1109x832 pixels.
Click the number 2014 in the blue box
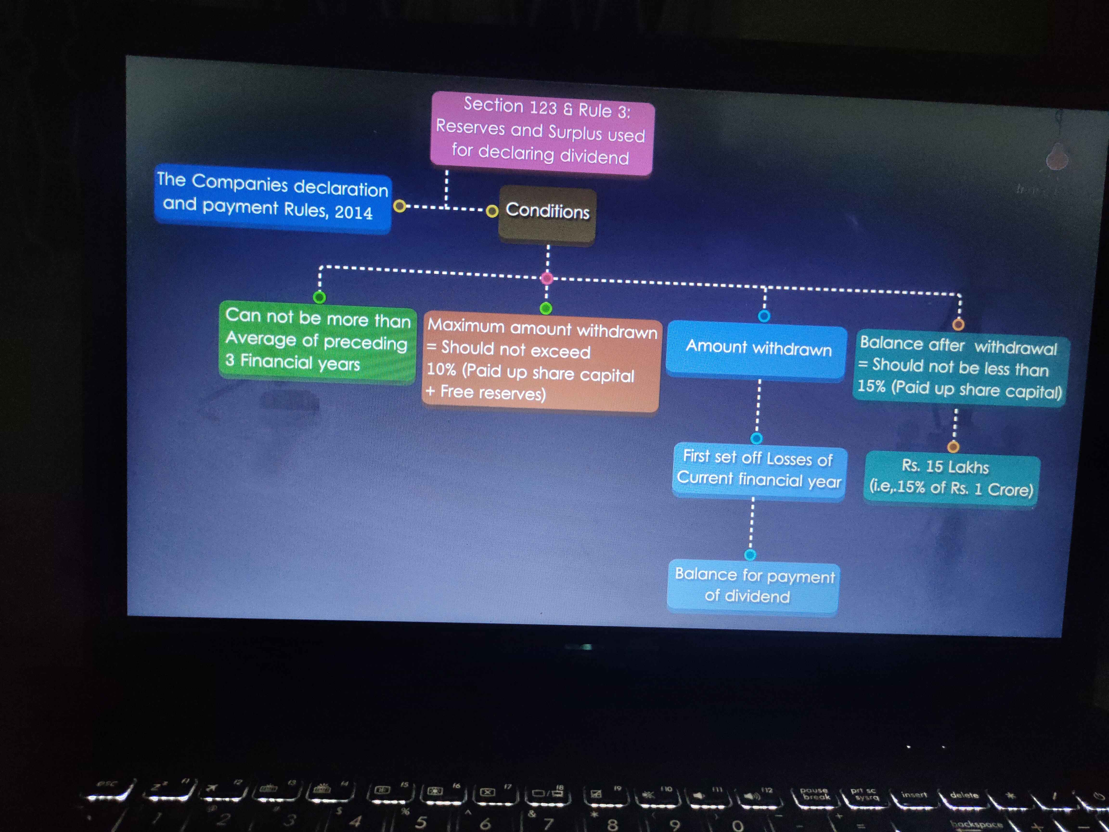[354, 213]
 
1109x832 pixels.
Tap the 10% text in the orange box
[441, 370]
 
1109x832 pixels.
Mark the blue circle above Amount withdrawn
[764, 316]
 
